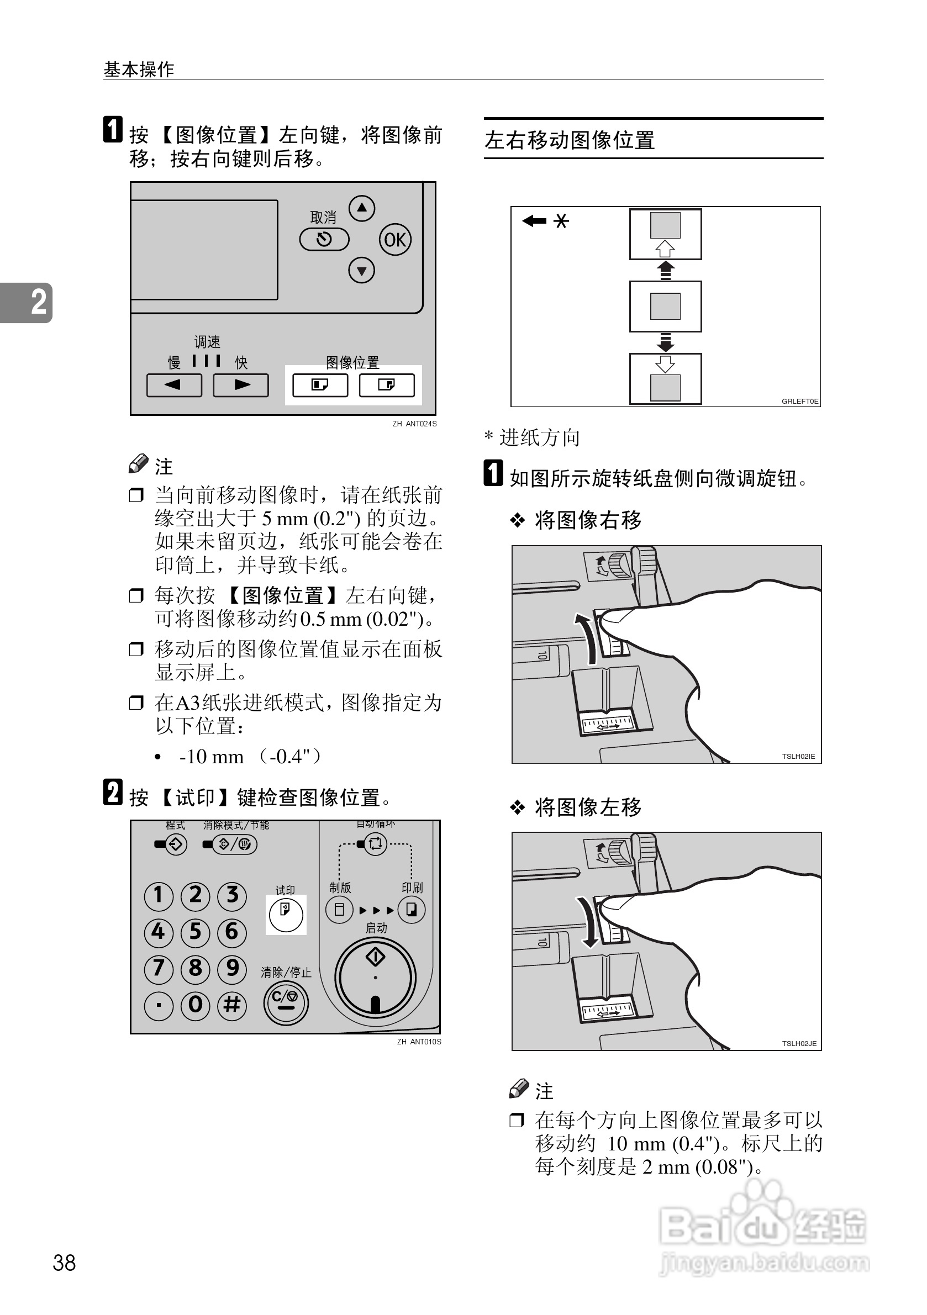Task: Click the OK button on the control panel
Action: tap(395, 239)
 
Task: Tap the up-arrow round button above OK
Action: tap(361, 208)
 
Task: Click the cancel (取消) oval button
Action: tap(324, 239)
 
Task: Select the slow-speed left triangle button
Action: tap(174, 385)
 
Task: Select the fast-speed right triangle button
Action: tap(241, 385)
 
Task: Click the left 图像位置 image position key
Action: tap(320, 385)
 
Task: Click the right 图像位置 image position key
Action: tap(387, 385)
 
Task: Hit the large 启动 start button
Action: tap(375, 977)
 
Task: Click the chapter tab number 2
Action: tap(38, 302)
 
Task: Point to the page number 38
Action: tap(64, 1263)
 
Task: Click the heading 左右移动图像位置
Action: tap(570, 140)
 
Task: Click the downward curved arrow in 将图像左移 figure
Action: tap(587, 922)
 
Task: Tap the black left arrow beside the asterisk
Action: tap(534, 220)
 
